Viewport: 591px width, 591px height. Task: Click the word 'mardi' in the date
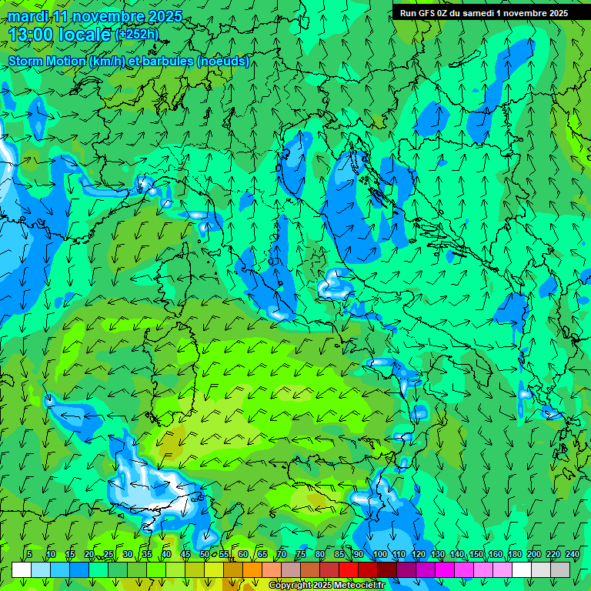point(27,16)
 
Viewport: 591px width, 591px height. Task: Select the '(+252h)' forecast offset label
point(138,35)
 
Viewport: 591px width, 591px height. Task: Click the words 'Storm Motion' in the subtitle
point(46,62)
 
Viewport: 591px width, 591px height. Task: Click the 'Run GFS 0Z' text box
point(483,12)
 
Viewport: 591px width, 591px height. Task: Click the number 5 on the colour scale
point(28,554)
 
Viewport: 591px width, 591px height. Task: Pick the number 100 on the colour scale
point(380,554)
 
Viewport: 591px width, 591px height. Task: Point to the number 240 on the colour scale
point(573,554)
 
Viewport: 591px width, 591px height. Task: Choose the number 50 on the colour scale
point(205,554)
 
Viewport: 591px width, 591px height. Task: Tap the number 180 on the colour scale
point(514,554)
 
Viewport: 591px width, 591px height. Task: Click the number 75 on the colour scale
point(301,554)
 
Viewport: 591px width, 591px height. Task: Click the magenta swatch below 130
point(445,569)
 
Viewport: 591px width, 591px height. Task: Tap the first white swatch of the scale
point(22,569)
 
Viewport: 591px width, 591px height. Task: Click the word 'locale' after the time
point(84,35)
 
